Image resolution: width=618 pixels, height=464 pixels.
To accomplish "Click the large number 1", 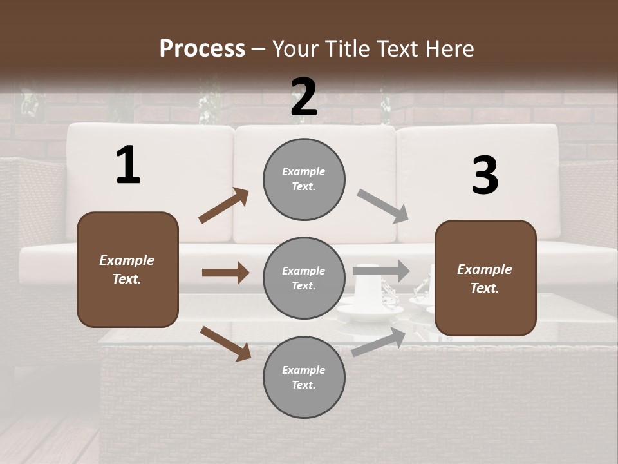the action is click(128, 166).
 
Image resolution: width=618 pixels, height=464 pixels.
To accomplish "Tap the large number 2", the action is click(304, 97).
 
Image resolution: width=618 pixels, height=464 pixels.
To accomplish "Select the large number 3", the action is click(485, 175).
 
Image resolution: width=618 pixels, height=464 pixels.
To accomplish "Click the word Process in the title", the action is click(202, 48).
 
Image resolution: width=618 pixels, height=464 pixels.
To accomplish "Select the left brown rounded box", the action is click(127, 269).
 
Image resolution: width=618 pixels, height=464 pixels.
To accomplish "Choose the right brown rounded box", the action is click(485, 278).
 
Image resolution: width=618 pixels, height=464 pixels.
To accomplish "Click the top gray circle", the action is click(304, 179).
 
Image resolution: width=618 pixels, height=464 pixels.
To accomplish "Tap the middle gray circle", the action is click(304, 278).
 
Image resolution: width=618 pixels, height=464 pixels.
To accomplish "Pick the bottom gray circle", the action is click(304, 377).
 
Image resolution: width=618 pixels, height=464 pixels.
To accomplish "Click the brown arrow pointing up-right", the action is click(224, 206).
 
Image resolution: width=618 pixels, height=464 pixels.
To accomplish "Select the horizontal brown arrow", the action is click(225, 273).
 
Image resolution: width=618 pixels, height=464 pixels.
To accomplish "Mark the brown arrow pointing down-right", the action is click(225, 343).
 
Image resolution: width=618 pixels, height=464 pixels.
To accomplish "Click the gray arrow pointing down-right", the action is click(383, 206).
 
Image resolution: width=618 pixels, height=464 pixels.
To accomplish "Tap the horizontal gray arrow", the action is click(380, 271).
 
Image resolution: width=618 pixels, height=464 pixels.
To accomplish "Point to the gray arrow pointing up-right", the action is click(379, 342).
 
